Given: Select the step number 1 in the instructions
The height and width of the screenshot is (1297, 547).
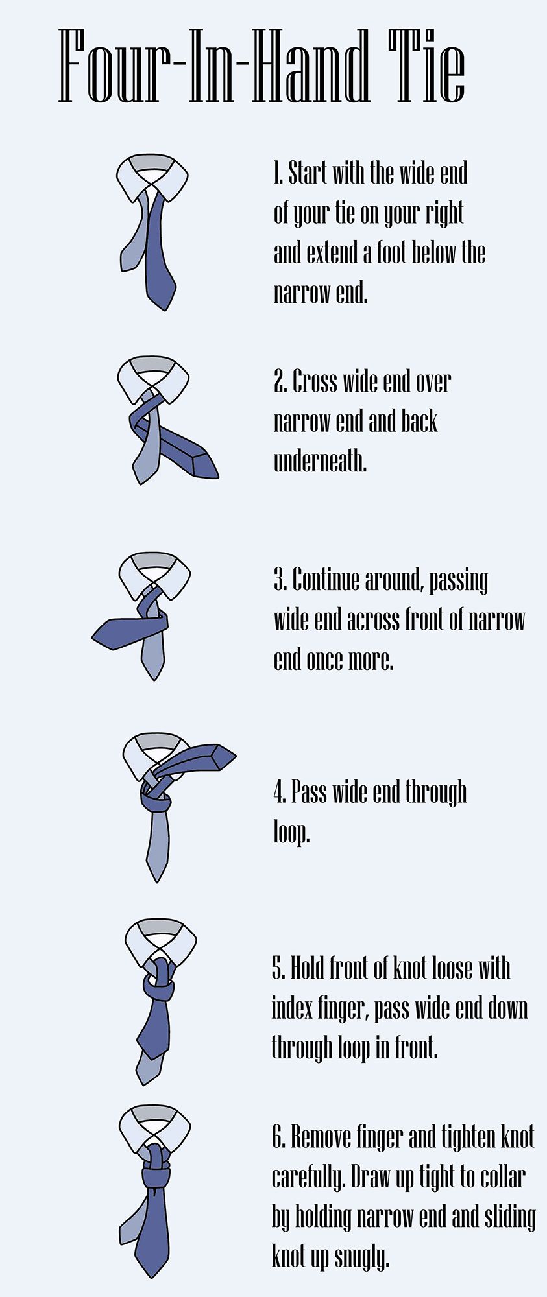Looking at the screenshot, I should pos(277,174).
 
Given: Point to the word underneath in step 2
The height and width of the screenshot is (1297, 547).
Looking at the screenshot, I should pos(320,461).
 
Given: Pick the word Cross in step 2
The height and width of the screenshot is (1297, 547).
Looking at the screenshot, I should pos(315,381).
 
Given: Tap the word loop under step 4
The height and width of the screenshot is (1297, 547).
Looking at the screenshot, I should pos(291,832).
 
